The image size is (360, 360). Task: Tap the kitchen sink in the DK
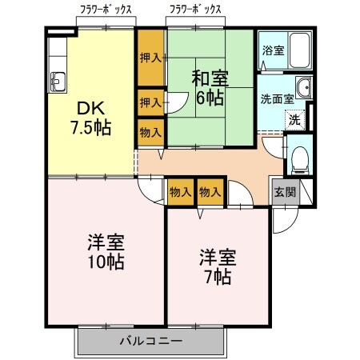tap(57, 81)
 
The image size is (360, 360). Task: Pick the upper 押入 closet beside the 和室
tap(150, 58)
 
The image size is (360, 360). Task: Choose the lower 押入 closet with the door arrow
tap(149, 102)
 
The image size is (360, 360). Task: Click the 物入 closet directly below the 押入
tap(150, 131)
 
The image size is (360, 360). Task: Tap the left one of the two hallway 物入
tap(180, 193)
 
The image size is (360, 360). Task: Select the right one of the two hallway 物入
tap(210, 193)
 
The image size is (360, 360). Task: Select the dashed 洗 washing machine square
tap(294, 121)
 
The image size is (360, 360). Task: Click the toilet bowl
tap(300, 160)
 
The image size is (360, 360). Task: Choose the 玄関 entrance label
tap(284, 192)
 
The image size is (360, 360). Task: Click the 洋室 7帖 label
tap(216, 267)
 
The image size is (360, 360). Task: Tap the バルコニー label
tap(151, 342)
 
